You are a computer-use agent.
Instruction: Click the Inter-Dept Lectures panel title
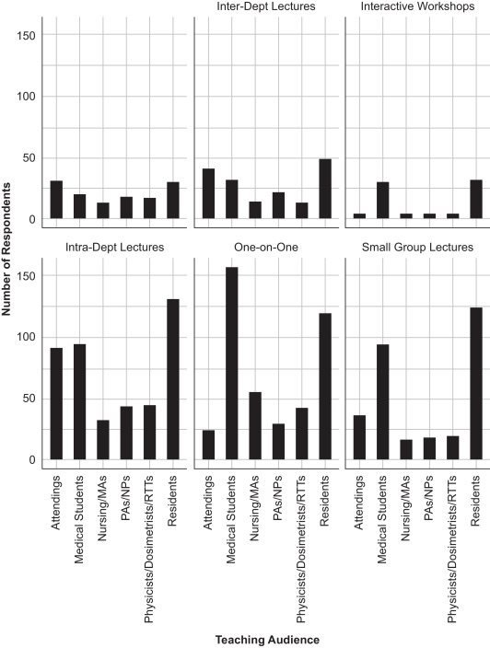264,7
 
